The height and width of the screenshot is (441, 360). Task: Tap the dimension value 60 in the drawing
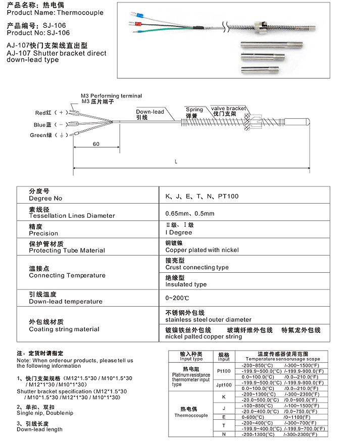(x=96, y=144)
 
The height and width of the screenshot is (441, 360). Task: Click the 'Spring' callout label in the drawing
(x=194, y=110)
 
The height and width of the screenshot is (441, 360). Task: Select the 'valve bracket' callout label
(x=229, y=108)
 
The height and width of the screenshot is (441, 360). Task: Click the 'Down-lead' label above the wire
(x=150, y=112)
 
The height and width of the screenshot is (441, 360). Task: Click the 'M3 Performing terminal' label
(x=111, y=96)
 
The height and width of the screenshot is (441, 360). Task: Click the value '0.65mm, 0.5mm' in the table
(x=190, y=213)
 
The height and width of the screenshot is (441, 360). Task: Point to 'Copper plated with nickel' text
(x=202, y=250)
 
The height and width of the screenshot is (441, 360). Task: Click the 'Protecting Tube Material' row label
(x=67, y=251)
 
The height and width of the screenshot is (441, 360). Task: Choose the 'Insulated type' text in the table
(x=186, y=284)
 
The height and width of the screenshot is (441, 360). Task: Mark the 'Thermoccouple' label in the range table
(x=191, y=415)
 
